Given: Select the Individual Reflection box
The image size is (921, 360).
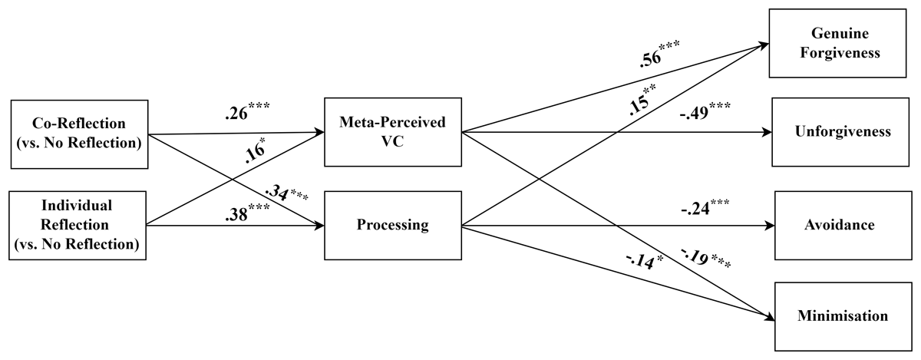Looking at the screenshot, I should click(78, 225).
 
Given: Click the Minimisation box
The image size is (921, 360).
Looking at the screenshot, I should click(843, 315).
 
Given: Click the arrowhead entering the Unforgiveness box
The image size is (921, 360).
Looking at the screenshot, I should click(767, 132).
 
